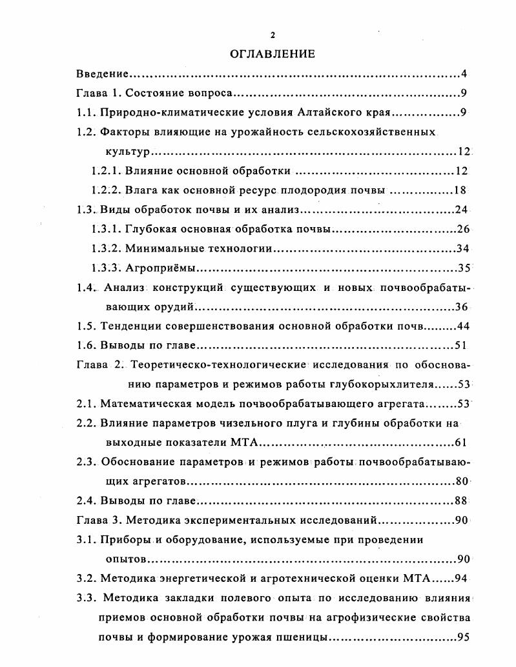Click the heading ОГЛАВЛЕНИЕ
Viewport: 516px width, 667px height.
272,54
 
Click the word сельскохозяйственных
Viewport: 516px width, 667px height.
378,132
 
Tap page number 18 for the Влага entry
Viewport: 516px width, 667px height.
460,190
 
